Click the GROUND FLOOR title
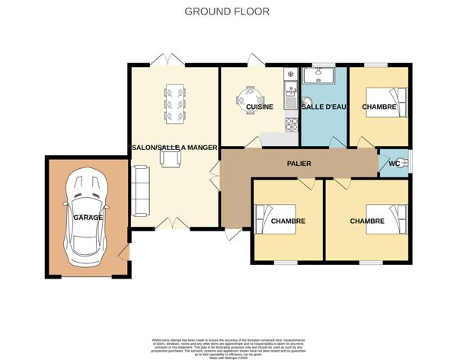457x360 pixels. click(228, 12)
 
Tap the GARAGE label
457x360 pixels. click(88, 218)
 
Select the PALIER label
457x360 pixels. click(299, 164)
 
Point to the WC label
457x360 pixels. click(394, 164)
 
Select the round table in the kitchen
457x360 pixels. click(251, 100)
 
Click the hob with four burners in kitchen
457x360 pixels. click(289, 123)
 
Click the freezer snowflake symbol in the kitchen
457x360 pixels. click(289, 75)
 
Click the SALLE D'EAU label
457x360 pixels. click(324, 107)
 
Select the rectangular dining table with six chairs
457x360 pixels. click(174, 103)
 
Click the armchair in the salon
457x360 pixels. click(170, 157)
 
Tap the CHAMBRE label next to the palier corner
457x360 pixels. click(287, 221)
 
